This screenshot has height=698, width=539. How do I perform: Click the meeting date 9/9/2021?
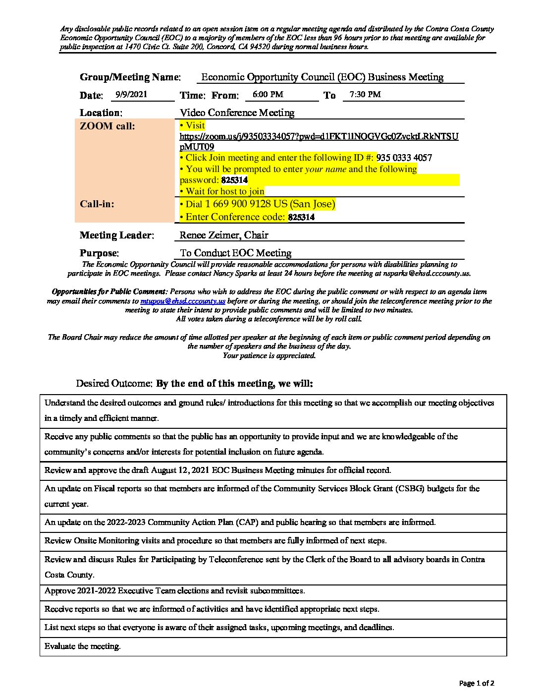(x=131, y=94)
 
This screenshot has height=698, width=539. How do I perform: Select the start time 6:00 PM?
(x=268, y=94)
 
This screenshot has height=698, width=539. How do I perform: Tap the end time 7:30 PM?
(x=365, y=94)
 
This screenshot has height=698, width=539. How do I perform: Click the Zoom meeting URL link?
(x=319, y=136)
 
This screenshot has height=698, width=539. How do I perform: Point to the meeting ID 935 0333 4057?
(x=404, y=158)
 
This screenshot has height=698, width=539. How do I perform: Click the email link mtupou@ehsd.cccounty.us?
(x=183, y=301)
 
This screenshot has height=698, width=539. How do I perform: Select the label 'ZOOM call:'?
(x=107, y=126)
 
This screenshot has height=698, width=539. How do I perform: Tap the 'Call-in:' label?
(x=97, y=204)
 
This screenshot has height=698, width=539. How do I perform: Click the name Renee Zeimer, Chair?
(x=224, y=235)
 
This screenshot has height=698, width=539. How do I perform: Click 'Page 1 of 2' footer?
(x=477, y=683)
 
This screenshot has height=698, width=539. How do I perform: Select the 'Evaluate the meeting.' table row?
(x=83, y=646)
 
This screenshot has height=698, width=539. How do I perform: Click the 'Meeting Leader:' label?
(x=117, y=235)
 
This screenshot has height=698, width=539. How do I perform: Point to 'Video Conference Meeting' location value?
(x=237, y=113)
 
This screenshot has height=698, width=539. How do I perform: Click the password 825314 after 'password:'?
(x=234, y=180)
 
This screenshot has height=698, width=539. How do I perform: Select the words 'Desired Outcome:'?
(x=114, y=384)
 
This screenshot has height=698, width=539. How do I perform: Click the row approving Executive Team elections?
(x=174, y=590)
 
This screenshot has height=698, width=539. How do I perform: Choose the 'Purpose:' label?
(x=99, y=253)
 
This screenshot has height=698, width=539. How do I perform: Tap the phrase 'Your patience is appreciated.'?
(x=269, y=355)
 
